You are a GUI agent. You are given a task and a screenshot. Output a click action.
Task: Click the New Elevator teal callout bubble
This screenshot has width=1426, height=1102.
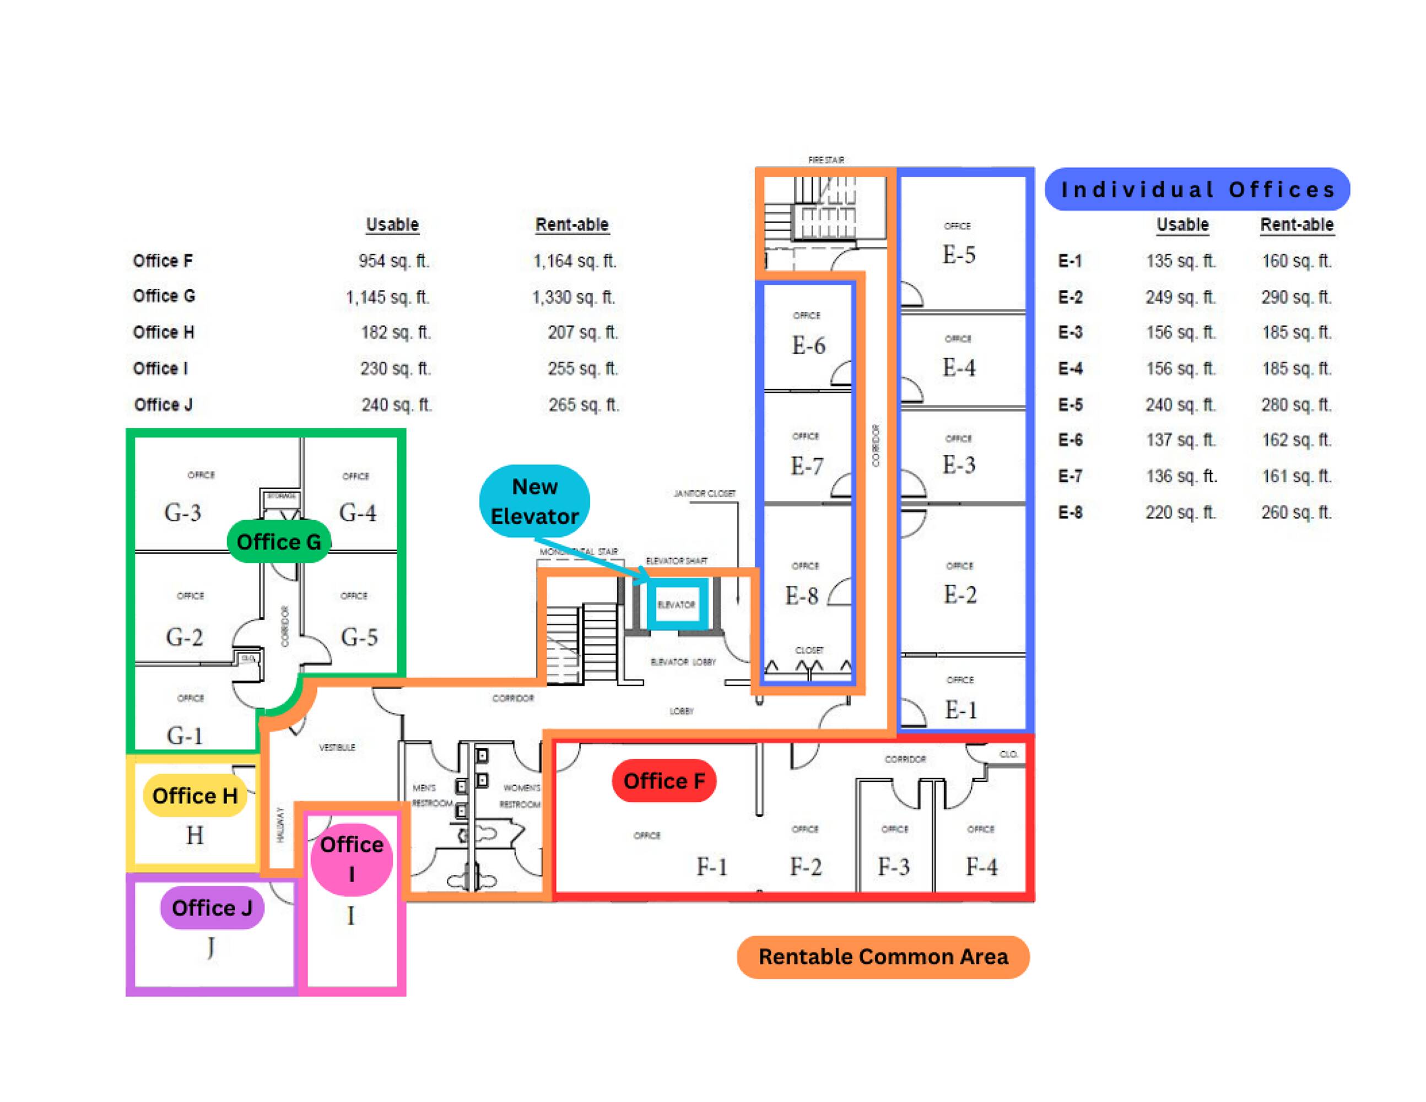click(x=534, y=501)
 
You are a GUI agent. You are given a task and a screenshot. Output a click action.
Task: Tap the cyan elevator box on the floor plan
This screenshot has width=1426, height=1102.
click(x=677, y=604)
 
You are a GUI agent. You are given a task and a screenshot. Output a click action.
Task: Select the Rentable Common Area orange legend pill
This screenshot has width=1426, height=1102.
click(x=883, y=957)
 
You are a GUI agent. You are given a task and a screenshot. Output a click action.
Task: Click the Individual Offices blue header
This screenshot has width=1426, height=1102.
click(x=1197, y=190)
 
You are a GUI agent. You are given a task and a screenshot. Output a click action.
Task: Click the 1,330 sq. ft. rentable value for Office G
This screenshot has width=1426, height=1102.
click(x=573, y=297)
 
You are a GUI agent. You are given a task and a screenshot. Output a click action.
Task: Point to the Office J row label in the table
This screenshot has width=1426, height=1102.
click(x=163, y=405)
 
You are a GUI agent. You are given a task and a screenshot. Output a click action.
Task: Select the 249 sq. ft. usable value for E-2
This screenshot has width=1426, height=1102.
click(x=1180, y=297)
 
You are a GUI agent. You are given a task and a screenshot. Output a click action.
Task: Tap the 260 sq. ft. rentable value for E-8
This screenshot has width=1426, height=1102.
click(x=1295, y=512)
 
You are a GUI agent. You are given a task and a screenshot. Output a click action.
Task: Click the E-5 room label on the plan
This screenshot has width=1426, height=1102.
click(x=959, y=255)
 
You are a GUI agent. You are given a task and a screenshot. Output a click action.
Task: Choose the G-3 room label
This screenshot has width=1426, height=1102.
click(x=183, y=512)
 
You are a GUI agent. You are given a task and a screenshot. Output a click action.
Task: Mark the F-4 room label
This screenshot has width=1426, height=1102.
click(x=981, y=867)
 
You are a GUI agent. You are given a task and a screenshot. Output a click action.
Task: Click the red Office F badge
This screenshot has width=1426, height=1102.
click(x=664, y=780)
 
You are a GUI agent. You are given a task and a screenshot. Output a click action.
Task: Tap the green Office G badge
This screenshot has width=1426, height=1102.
click(x=279, y=541)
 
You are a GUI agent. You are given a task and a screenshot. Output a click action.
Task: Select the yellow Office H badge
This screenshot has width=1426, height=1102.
click(x=195, y=795)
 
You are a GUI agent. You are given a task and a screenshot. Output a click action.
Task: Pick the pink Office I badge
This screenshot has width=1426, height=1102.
click(x=352, y=858)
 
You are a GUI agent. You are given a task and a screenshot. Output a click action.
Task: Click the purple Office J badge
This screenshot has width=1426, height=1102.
click(x=212, y=907)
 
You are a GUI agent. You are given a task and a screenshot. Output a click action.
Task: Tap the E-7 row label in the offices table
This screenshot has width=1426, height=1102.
click(x=1070, y=477)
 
